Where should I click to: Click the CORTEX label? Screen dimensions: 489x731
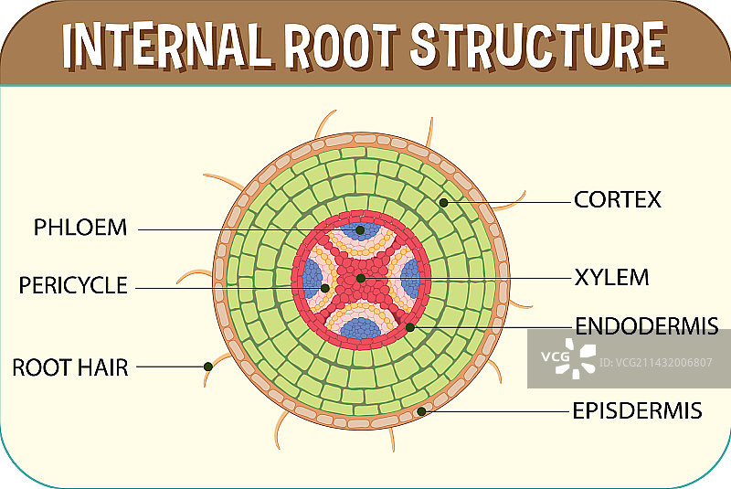coord(617,199)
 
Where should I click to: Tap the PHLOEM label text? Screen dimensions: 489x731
coord(80,228)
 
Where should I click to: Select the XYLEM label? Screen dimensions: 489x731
coord(611,276)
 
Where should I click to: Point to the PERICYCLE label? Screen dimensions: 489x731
coord(73,285)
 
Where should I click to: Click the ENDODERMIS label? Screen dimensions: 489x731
coord(646,325)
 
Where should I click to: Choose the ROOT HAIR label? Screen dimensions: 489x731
coord(70,367)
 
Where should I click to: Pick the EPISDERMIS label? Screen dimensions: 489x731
coord(637,410)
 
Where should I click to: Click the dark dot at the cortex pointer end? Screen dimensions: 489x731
coord(443,202)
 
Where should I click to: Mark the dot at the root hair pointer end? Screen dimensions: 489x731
coord(208,367)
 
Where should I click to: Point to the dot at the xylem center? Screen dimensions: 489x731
coord(361,277)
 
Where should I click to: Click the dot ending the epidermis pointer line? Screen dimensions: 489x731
coord(421,411)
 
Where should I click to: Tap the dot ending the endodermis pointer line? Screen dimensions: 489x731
coord(410,326)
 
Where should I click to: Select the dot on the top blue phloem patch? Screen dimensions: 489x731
coord(361,230)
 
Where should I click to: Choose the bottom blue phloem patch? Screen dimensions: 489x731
coord(364,325)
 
